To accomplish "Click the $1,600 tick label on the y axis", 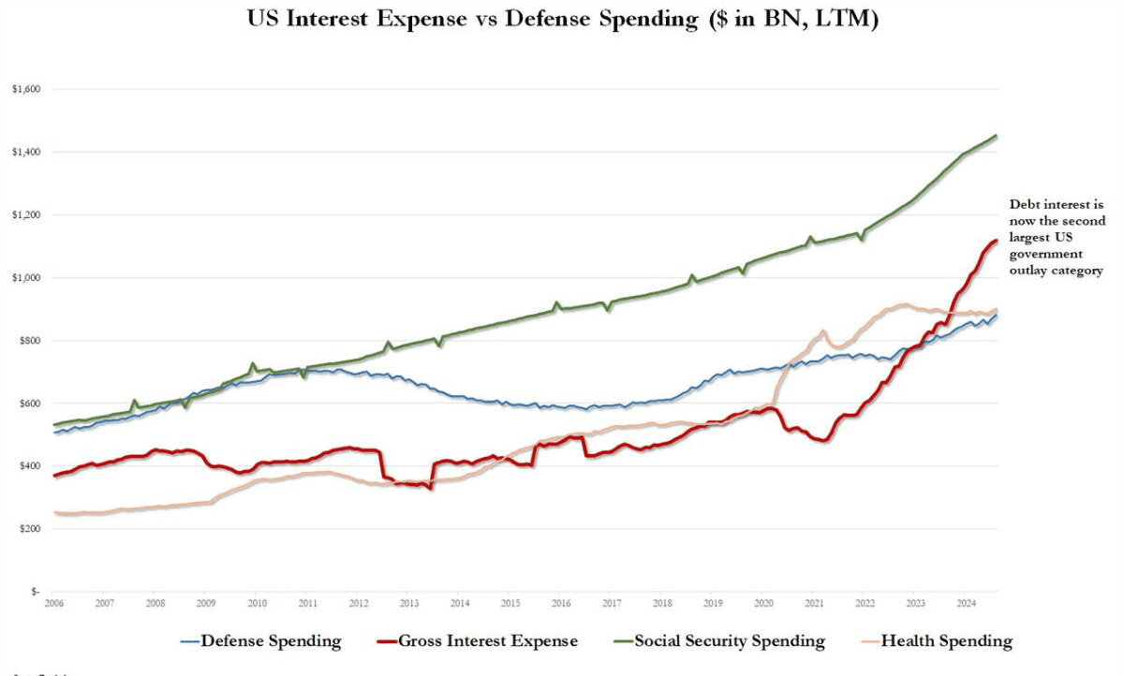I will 25,89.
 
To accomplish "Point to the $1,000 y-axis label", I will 25,278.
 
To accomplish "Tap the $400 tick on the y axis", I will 28,466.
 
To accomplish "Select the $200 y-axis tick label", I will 28,529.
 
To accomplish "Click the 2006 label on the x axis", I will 54,604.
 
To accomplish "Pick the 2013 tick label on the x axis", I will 409,604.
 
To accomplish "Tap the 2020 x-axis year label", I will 763,604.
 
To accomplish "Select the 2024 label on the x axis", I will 966,604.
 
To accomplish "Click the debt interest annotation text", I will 1056,237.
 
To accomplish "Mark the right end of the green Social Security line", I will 997,136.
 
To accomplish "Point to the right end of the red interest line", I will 997,241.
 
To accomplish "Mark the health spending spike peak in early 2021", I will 822,331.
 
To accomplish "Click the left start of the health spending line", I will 55,512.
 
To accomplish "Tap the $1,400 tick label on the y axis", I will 25,152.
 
